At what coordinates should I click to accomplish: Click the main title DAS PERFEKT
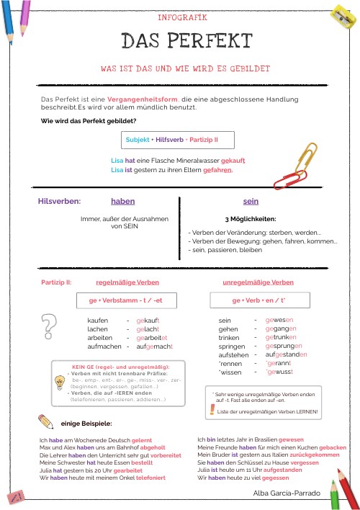click(x=186, y=41)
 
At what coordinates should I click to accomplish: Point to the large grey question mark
click(x=49, y=326)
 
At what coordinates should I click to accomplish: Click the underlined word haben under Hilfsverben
click(x=123, y=202)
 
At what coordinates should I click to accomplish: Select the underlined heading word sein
click(x=251, y=202)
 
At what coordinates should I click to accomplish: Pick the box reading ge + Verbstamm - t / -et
click(x=121, y=299)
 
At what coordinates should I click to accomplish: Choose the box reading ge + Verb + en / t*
click(x=259, y=299)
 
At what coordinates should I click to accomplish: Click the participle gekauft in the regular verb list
click(x=148, y=319)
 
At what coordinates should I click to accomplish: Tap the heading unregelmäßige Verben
click(x=258, y=282)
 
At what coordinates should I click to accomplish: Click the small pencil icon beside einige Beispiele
click(x=45, y=421)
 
